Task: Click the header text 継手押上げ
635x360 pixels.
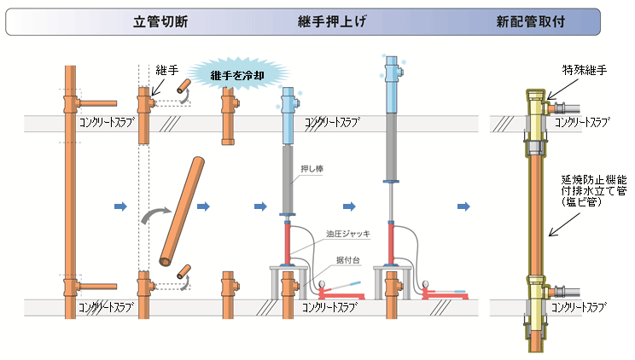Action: [x=332, y=21]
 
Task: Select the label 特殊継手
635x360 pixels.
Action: [x=583, y=70]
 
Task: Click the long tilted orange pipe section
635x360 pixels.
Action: [x=182, y=211]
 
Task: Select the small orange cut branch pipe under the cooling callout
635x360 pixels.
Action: [x=183, y=85]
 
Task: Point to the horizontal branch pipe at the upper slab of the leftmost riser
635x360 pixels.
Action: [x=96, y=102]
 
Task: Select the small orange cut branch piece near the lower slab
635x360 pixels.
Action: [x=183, y=273]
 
